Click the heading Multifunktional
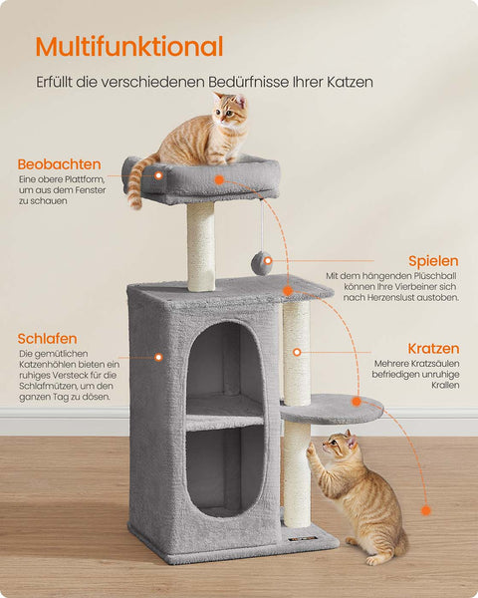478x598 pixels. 128,46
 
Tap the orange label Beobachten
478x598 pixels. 59,163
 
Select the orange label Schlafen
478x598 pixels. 47,339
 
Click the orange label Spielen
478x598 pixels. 433,261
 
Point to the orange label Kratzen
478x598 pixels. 433,349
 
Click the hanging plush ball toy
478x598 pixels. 262,262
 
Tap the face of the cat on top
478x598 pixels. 232,113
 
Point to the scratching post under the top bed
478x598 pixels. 201,246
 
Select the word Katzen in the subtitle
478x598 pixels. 348,82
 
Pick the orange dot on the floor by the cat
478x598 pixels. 425,509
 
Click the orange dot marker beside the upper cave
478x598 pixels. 157,357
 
